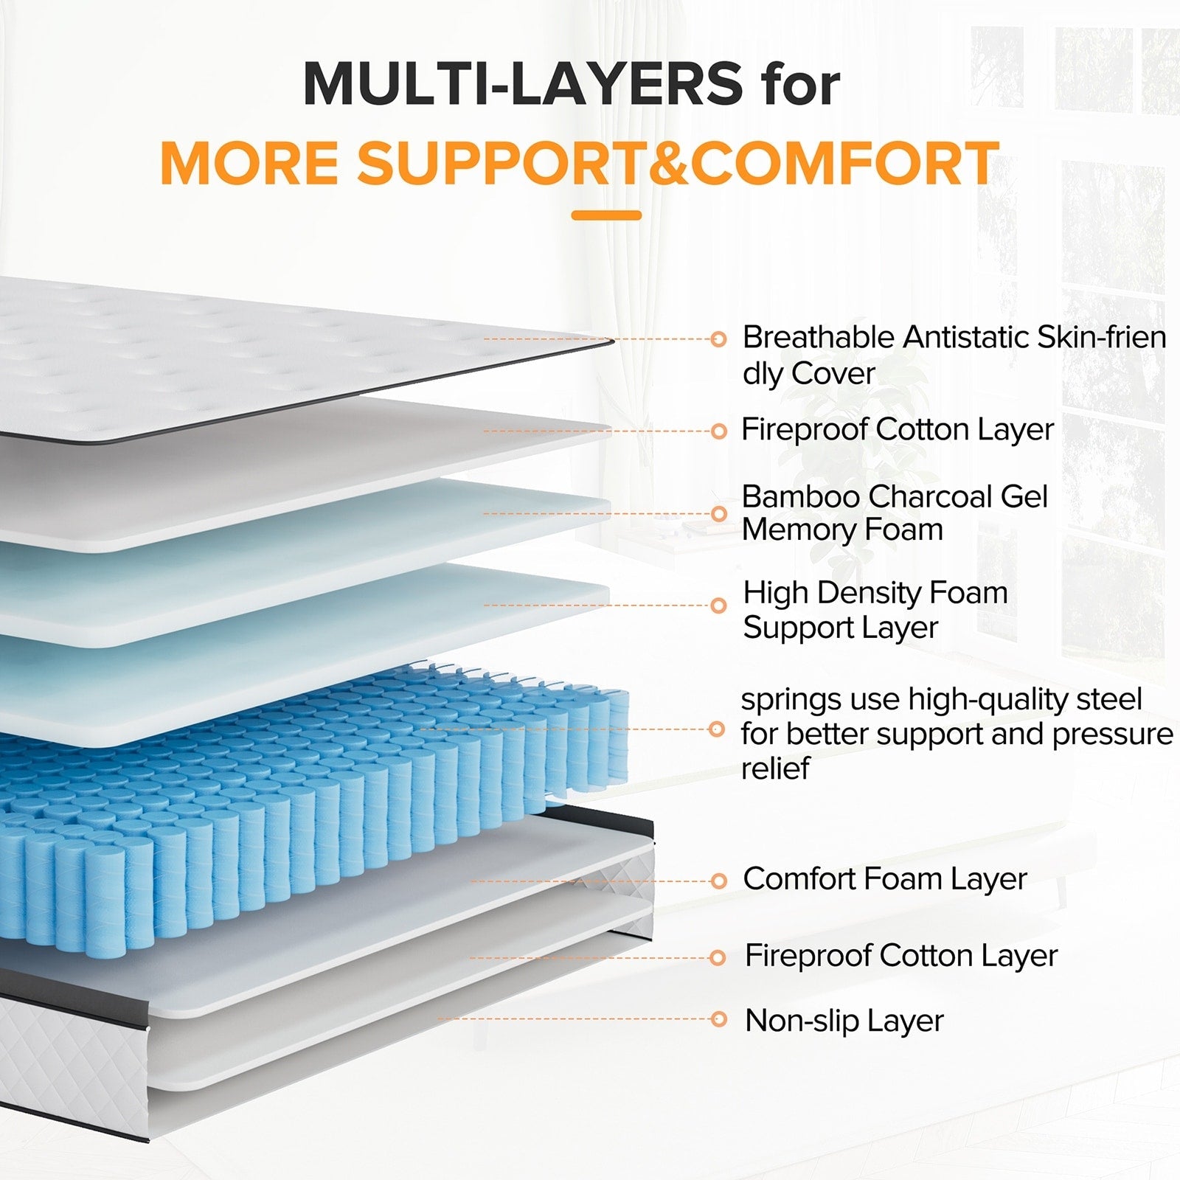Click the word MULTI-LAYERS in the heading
click(523, 84)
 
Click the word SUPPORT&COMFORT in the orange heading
click(678, 164)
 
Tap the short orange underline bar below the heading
click(606, 215)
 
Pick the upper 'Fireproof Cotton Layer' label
click(897, 430)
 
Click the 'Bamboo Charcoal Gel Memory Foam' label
click(894, 513)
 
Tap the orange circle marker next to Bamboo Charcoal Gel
click(719, 514)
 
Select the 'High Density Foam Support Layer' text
click(875, 610)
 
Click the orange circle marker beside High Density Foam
click(718, 605)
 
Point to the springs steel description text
click(956, 733)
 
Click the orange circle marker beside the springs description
click(716, 729)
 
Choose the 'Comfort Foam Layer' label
click(884, 879)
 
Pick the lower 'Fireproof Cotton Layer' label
click(900, 956)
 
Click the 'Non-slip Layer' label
click(844, 1021)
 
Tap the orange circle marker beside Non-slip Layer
click(718, 1020)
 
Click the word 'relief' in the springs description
click(774, 768)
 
